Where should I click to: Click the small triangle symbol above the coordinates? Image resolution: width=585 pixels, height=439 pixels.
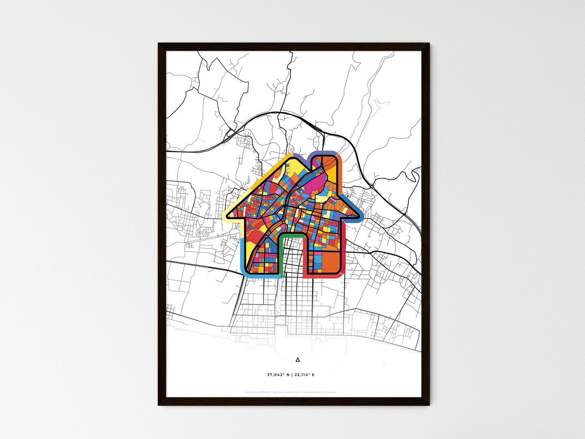(x=298, y=360)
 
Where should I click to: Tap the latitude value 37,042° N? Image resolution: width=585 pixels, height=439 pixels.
(x=278, y=375)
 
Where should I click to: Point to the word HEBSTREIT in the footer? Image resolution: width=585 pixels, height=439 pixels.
(x=264, y=392)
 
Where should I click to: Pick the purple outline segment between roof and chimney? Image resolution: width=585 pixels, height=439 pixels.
(x=302, y=159)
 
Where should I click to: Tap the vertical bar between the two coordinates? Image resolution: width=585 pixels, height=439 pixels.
(x=291, y=375)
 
